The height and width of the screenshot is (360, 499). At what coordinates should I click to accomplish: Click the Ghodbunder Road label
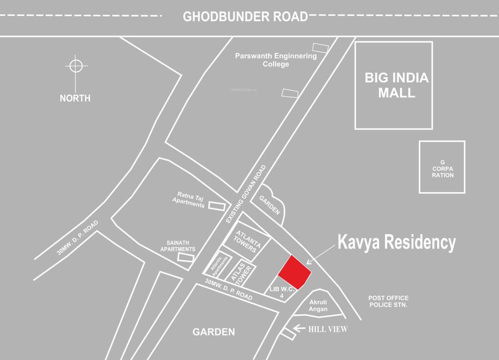point(245,16)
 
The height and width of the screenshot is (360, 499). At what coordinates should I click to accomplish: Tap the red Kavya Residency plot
point(295,272)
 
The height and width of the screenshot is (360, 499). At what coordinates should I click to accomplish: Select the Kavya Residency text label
point(396,243)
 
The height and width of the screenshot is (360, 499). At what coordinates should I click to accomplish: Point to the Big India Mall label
point(396,85)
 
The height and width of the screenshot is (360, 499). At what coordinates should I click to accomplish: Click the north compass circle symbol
point(76,66)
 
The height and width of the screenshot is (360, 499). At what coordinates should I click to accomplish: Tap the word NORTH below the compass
point(75,98)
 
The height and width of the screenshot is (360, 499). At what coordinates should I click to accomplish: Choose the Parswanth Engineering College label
point(276,60)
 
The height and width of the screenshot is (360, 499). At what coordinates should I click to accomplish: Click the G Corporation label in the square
point(443,169)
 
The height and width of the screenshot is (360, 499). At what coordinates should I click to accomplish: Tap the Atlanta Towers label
point(246,241)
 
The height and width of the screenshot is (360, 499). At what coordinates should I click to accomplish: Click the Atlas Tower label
point(244,273)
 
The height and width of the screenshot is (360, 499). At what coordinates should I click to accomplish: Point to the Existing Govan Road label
point(246,194)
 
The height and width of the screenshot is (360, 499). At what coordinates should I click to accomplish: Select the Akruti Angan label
point(318,306)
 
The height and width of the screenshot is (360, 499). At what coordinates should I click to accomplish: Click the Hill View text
point(328,330)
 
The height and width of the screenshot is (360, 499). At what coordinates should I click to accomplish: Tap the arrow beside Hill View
point(298,329)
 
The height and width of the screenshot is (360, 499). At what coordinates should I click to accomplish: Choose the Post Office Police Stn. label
point(388,301)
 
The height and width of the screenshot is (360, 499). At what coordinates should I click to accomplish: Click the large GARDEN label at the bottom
point(214,332)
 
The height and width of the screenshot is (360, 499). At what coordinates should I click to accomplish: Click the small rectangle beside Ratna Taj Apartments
point(216,205)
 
